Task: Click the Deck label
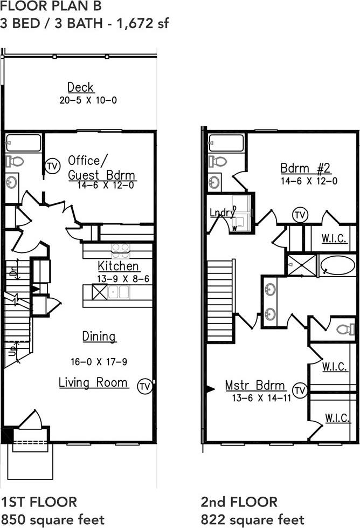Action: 80,87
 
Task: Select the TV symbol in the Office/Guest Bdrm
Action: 52,165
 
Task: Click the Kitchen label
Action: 119,266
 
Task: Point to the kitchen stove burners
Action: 120,249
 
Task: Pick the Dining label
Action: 99,337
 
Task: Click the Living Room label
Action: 94,382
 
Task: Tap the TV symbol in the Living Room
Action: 144,386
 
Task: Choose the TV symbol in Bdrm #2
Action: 300,215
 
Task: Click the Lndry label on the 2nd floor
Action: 222,212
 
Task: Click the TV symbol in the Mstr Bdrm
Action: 300,390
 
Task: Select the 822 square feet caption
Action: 252,520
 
